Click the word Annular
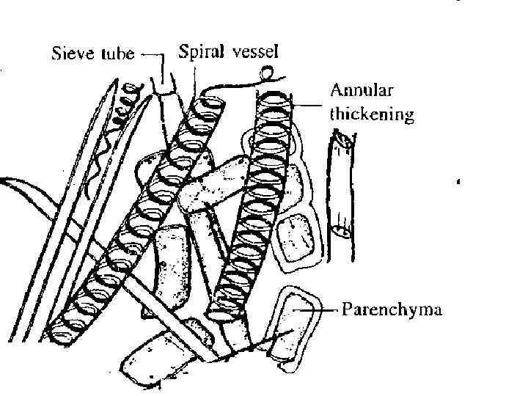361,92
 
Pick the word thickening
372,114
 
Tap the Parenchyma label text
392,310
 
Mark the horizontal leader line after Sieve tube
153,54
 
